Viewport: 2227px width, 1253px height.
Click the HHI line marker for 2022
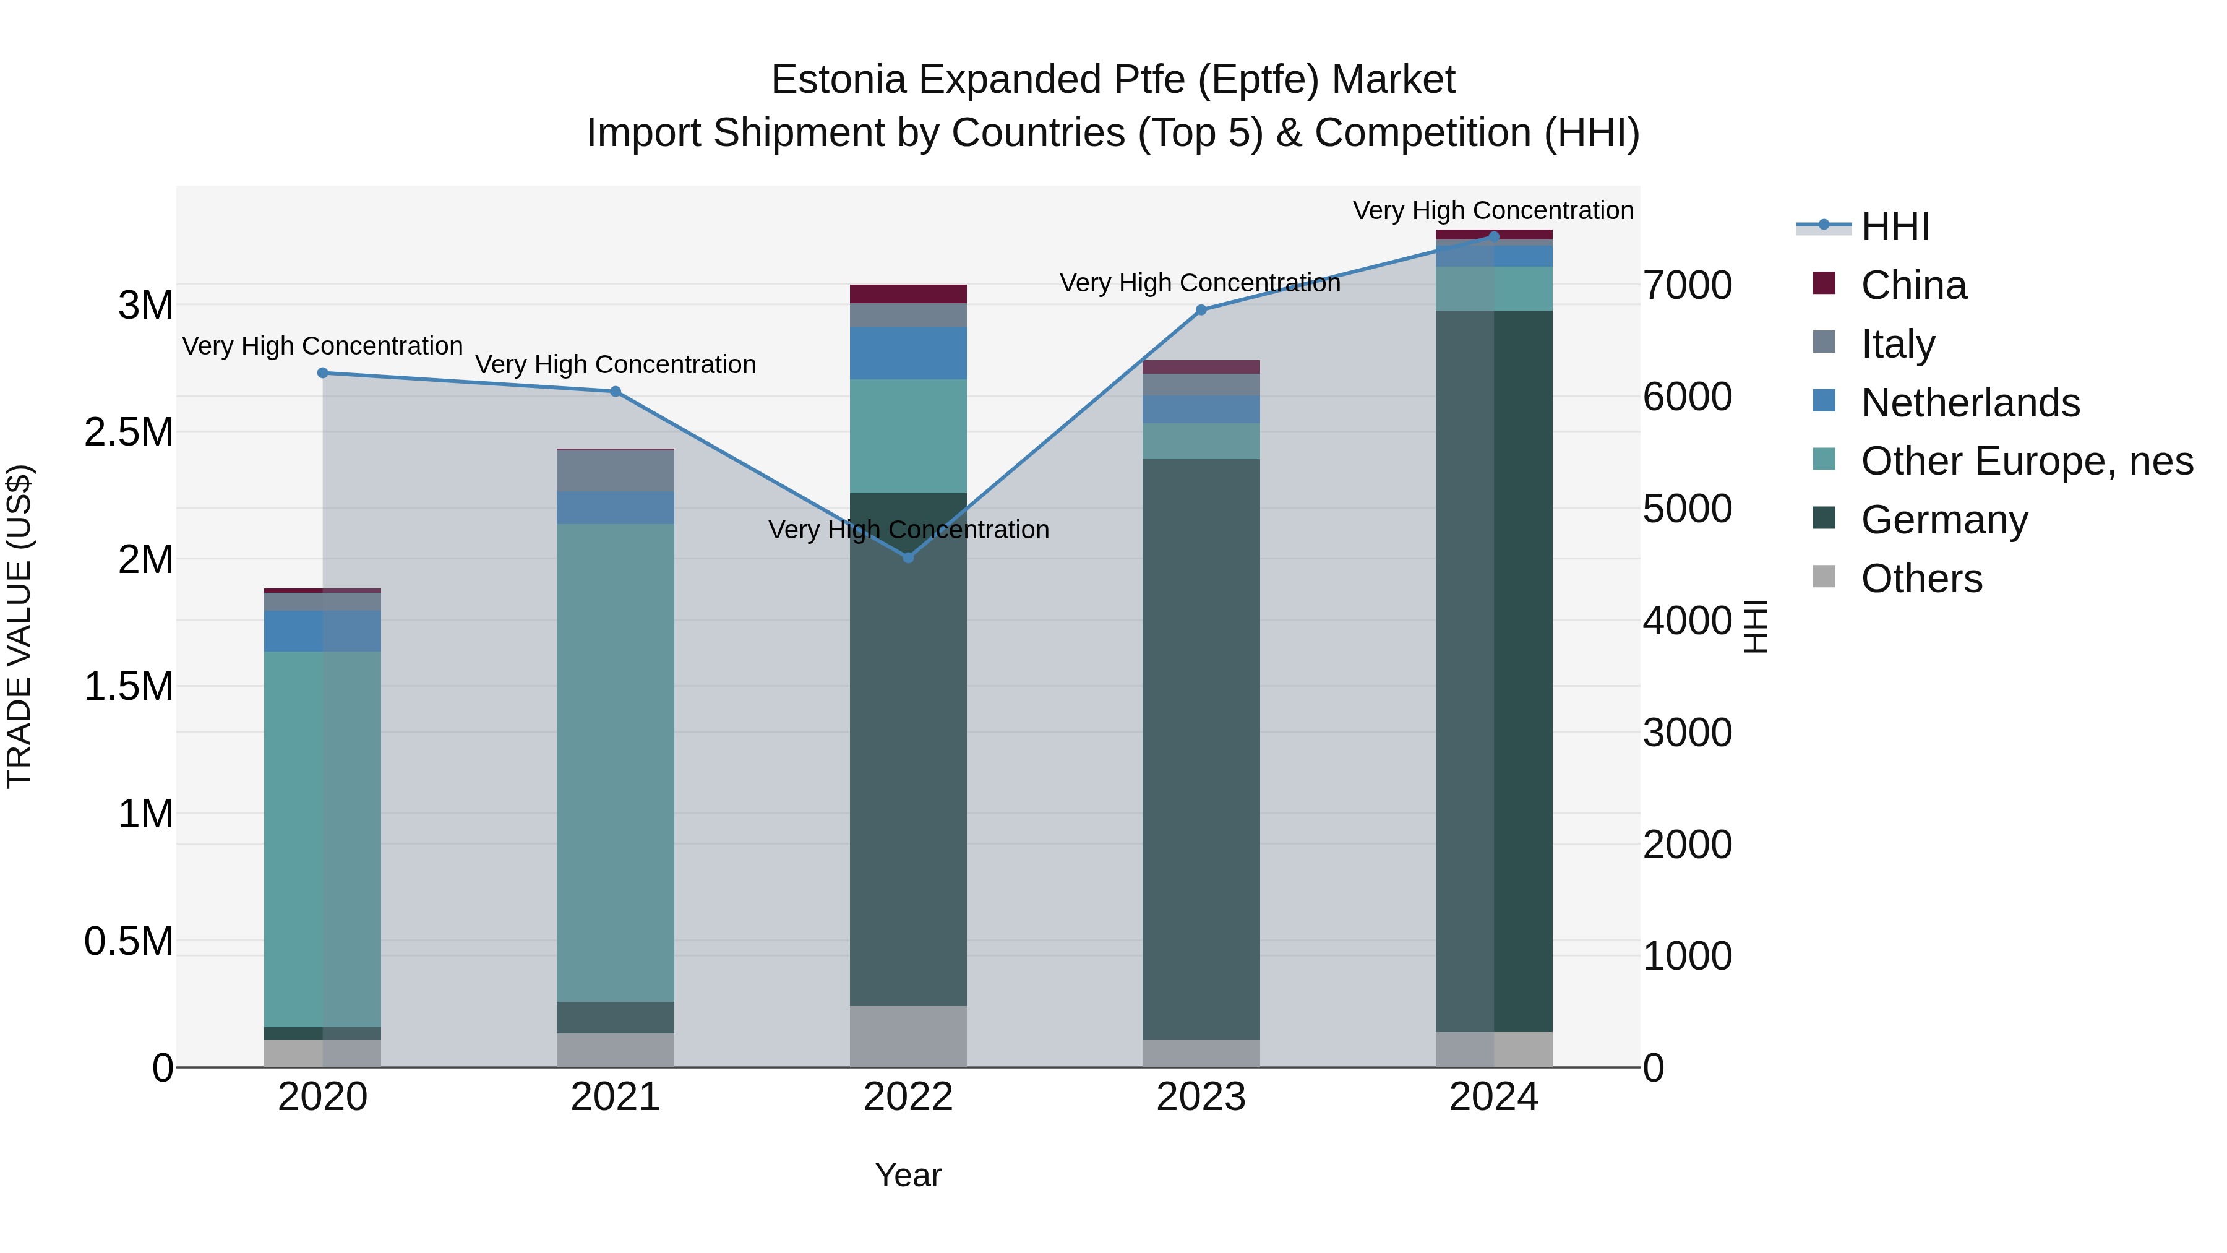coord(908,558)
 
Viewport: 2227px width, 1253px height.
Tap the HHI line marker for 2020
coord(322,372)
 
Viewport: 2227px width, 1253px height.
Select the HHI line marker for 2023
coord(1201,309)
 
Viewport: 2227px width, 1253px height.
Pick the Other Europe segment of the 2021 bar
coord(615,761)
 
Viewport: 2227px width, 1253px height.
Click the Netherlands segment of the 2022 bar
coord(908,353)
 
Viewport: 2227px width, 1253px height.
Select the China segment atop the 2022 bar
coord(908,293)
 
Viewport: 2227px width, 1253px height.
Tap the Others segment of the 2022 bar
coord(908,1036)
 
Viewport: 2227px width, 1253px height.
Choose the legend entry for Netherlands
coord(1970,403)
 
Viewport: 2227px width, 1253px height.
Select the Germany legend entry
coord(1944,520)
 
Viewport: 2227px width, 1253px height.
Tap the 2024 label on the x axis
coord(1493,1097)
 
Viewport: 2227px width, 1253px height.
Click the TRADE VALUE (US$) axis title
coord(19,626)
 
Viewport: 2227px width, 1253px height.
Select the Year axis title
coord(908,1175)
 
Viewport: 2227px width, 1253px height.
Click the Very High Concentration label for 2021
coord(615,364)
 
